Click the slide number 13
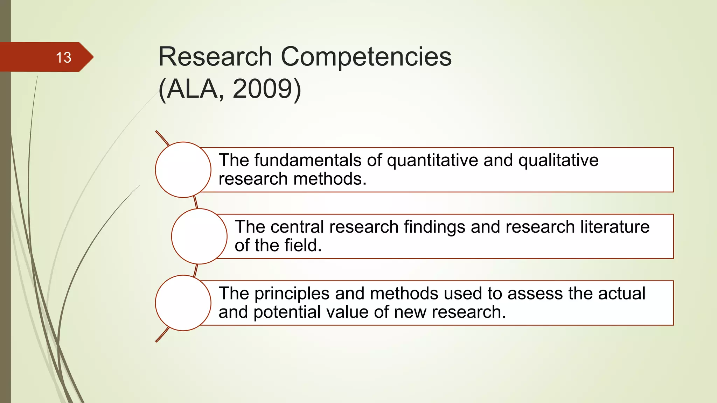pos(63,57)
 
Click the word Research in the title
pos(215,57)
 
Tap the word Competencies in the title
pos(366,57)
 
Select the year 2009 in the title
pos(262,89)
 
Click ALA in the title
pos(192,89)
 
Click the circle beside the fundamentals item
pos(183,170)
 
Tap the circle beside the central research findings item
pos(199,236)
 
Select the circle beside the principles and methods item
pos(183,303)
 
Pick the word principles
pos(292,294)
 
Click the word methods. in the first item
pos(330,179)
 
